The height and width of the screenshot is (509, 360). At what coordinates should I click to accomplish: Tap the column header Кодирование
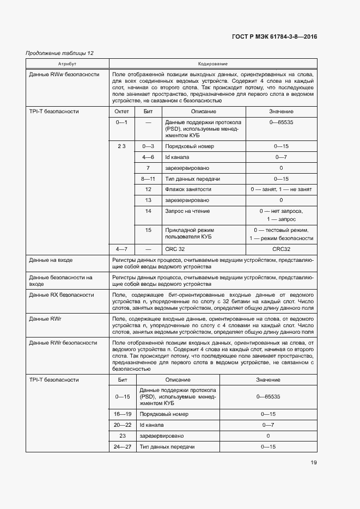click(213, 64)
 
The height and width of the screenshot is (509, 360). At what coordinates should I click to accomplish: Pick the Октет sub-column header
click(121, 111)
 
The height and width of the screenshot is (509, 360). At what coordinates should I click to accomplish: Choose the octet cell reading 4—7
click(121, 249)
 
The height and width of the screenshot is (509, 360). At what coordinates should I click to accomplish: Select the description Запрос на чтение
click(187, 211)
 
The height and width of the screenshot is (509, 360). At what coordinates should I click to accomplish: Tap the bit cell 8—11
click(148, 179)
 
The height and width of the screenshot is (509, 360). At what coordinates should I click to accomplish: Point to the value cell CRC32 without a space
click(281, 249)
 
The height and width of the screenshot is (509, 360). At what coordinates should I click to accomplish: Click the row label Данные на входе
click(51, 260)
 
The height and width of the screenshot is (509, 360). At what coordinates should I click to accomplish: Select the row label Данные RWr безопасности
click(63, 342)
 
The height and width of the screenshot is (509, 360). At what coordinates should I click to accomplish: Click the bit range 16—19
click(122, 414)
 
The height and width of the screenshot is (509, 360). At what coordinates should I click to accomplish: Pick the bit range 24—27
click(122, 446)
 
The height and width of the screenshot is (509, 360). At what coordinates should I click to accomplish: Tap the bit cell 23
click(122, 436)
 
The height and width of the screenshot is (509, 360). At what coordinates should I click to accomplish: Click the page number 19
click(314, 463)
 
